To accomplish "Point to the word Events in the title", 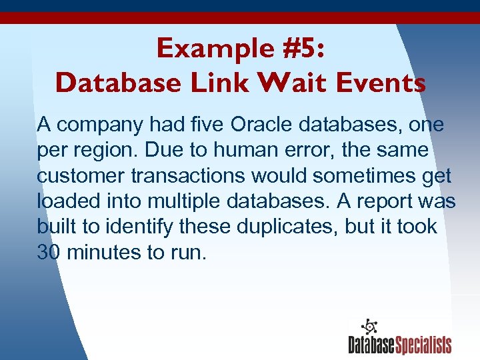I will pyautogui.click(x=384, y=83).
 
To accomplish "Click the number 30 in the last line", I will pyautogui.click(x=49, y=253).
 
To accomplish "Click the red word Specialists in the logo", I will pyautogui.click(x=424, y=345).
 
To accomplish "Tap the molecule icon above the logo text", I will pyautogui.click(x=369, y=326).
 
